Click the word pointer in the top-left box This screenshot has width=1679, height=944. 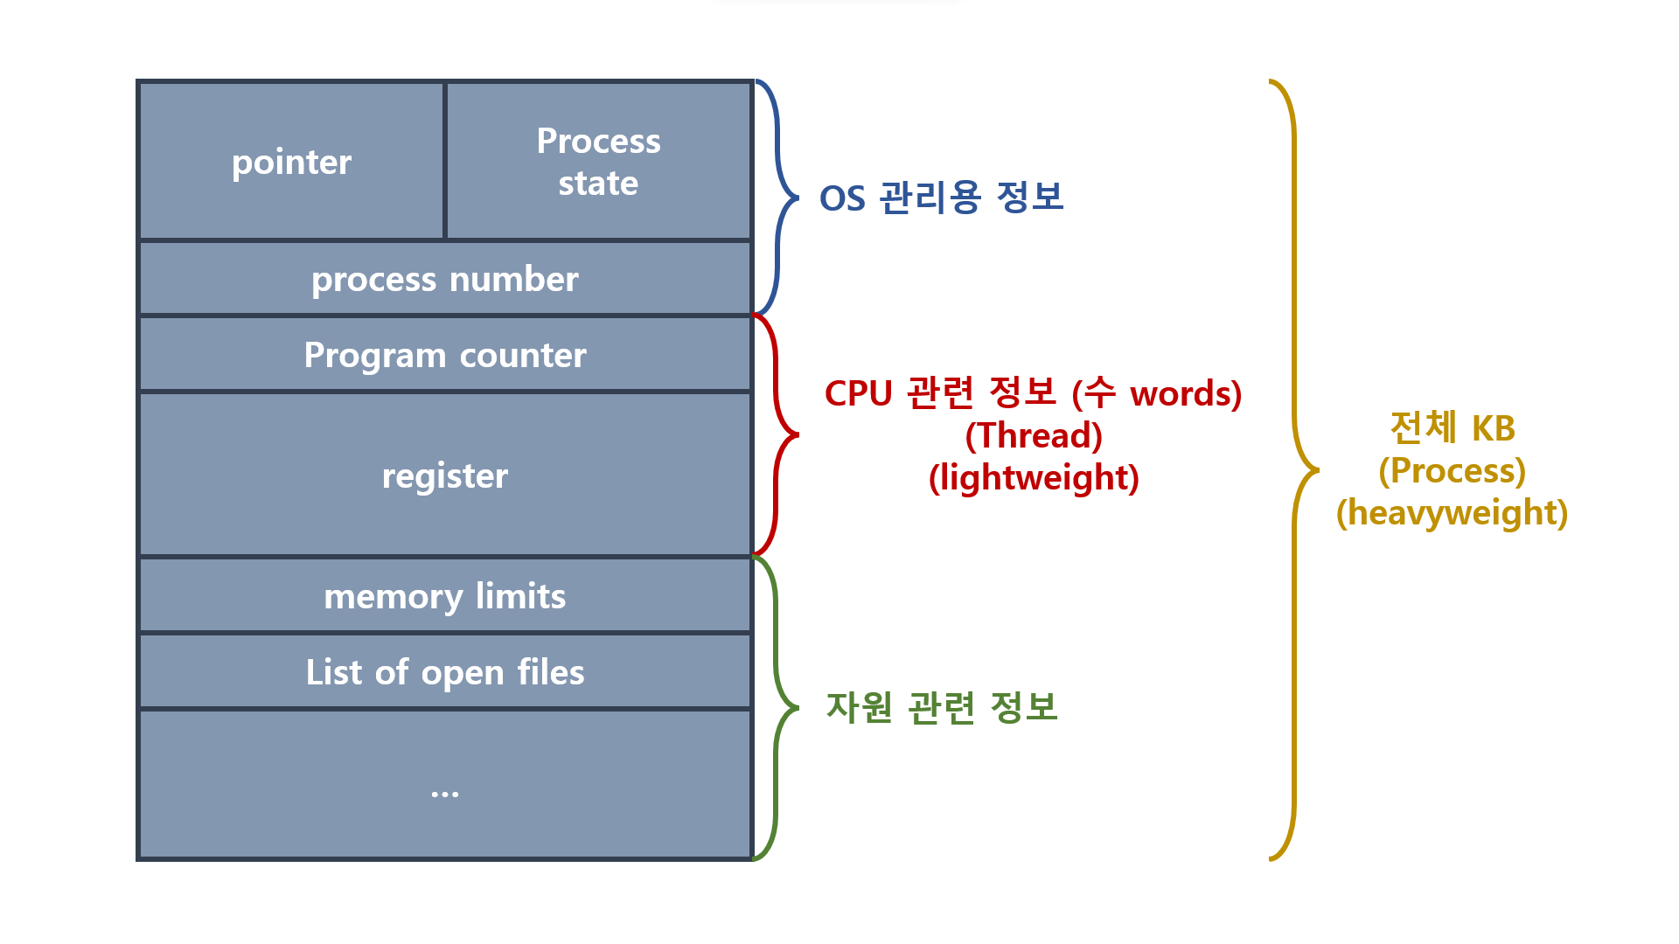click(291, 163)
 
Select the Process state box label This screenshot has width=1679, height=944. click(598, 162)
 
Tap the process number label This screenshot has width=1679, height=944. click(445, 280)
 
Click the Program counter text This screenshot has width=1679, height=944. click(445, 356)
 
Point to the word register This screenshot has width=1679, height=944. click(445, 476)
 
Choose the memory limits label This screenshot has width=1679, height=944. click(445, 596)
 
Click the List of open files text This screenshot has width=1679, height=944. click(445, 672)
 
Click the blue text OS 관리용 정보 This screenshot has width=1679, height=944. click(941, 198)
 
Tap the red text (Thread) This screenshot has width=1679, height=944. click(1034, 435)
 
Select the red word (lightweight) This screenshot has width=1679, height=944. click(1034, 478)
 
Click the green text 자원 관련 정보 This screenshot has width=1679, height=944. click(942, 707)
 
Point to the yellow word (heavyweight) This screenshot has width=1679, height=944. click(1453, 513)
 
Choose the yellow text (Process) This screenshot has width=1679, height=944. click(1453, 471)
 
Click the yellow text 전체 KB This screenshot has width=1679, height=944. click(1453, 428)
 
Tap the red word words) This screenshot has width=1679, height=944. click(1186, 394)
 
